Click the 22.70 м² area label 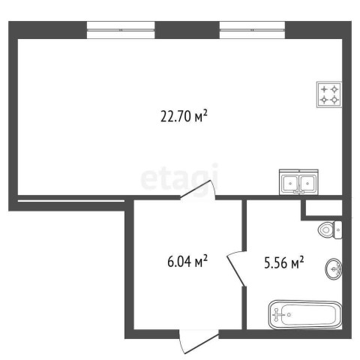184,116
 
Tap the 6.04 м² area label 187,262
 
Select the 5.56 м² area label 284,262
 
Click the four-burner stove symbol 329,94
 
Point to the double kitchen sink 298,182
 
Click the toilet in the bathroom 330,229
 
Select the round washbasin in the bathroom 334,268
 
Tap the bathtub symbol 305,314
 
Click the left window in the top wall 121,30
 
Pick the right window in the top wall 252,30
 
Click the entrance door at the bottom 199,341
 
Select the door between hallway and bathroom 236,268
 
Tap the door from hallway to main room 198,190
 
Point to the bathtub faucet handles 277,314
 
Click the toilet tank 338,229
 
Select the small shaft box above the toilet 324,208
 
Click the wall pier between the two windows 187,30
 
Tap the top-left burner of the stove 324,89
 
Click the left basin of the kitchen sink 290,183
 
